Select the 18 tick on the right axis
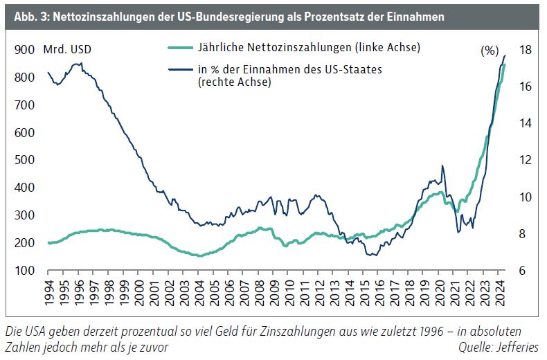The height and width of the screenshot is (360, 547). pyautogui.click(x=526, y=50)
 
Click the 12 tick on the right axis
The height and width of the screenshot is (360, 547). pyautogui.click(x=526, y=160)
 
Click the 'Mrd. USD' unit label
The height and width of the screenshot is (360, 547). pyautogui.click(x=66, y=49)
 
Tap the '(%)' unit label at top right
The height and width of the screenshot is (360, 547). pyautogui.click(x=490, y=51)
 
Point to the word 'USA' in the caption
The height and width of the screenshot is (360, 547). pyautogui.click(x=35, y=332)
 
